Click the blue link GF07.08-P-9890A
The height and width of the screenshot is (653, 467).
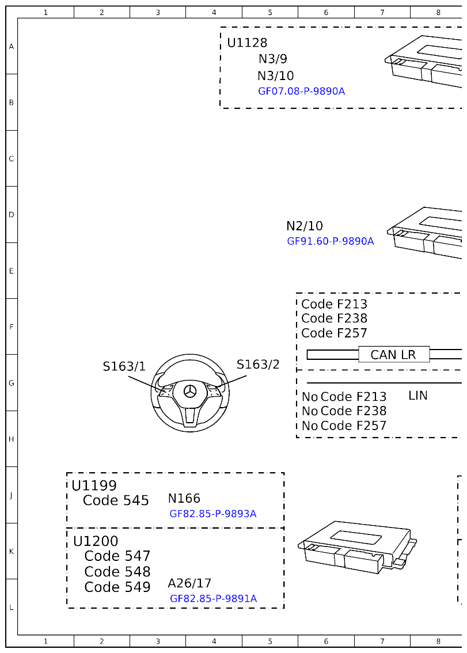pyautogui.click(x=301, y=91)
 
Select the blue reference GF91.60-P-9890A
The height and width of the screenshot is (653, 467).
pyautogui.click(x=330, y=241)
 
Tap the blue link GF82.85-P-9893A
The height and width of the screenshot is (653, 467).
pyautogui.click(x=212, y=514)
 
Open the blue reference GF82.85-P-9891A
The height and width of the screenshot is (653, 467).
pyautogui.click(x=213, y=599)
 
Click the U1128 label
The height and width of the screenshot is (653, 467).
pyautogui.click(x=247, y=43)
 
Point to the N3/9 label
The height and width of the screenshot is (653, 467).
pyautogui.click(x=272, y=59)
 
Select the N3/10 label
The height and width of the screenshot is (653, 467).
pyautogui.click(x=275, y=76)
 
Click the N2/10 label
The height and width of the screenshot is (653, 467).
pyautogui.click(x=305, y=226)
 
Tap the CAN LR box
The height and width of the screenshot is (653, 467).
pyautogui.click(x=394, y=355)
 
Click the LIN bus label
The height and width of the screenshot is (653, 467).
pyautogui.click(x=417, y=396)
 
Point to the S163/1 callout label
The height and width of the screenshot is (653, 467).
pyautogui.click(x=124, y=367)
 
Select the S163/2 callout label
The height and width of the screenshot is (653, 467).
pyautogui.click(x=258, y=365)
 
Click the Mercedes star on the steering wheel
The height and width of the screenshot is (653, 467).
pyautogui.click(x=190, y=392)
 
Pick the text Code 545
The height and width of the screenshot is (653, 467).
pyautogui.click(x=116, y=501)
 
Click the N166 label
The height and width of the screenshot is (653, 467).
pyautogui.click(x=184, y=499)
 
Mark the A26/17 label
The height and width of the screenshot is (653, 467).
pyautogui.click(x=189, y=583)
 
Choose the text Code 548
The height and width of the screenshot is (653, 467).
pyautogui.click(x=117, y=572)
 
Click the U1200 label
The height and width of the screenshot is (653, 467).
pyautogui.click(x=96, y=542)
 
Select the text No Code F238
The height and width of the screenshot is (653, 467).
pyautogui.click(x=344, y=411)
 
